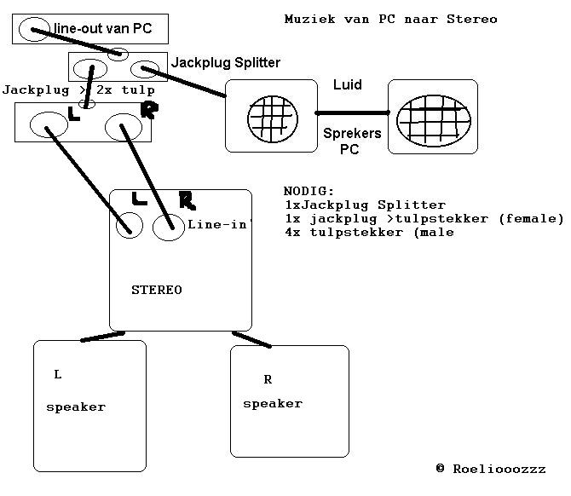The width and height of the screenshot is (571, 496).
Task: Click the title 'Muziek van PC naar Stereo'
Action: coord(390,19)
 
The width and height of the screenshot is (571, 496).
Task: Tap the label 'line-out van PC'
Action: coord(103,29)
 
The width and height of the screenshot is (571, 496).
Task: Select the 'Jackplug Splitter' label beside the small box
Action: coord(226,62)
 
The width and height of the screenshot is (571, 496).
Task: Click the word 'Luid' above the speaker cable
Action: coord(348,84)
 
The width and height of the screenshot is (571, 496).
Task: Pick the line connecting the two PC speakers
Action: coord(352,112)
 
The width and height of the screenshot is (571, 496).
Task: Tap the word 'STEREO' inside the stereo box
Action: coord(157,290)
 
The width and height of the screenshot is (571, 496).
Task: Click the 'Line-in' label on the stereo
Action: coord(219,224)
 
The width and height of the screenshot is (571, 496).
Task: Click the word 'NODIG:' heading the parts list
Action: coord(309,191)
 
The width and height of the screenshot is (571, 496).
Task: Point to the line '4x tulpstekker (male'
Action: coord(370,232)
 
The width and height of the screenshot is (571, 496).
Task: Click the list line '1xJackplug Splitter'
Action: coord(365,205)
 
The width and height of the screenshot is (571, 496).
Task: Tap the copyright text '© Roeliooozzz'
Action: coord(490,468)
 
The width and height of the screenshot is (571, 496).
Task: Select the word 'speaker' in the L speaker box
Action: coord(76,407)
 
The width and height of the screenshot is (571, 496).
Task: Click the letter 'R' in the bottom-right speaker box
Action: coord(268,379)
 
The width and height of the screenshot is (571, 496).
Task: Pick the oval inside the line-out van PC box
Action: coord(34,30)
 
